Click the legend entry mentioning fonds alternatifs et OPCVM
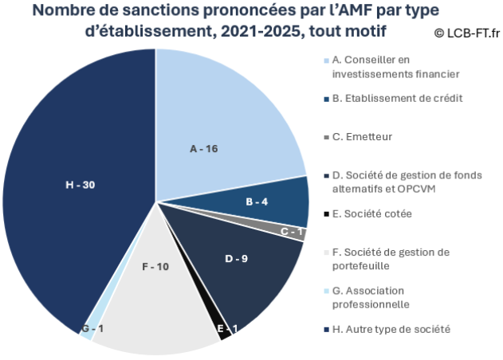(407, 182)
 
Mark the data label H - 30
(80, 185)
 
